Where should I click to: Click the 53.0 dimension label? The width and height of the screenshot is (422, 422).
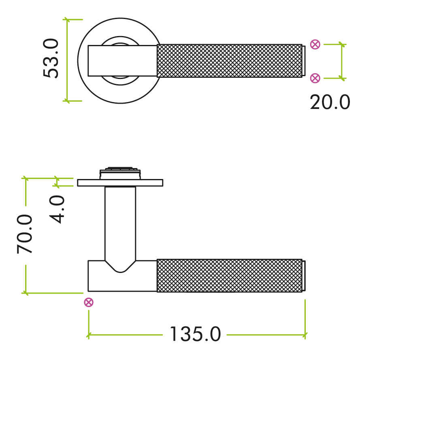51,58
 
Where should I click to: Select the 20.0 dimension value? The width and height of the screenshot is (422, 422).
330,103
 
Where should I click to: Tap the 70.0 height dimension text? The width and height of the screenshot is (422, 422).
25,234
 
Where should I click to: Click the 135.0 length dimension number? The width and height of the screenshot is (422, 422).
195,335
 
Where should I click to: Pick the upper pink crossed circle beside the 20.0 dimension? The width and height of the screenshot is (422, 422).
315,45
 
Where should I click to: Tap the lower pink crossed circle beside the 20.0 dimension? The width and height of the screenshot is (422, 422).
315,78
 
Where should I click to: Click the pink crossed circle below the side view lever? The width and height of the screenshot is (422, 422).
89,302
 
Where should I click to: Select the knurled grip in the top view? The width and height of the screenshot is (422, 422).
229,61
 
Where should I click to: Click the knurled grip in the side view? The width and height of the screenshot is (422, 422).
229,275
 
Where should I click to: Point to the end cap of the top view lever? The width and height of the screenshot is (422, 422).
303,61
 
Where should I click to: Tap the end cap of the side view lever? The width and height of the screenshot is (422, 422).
303,276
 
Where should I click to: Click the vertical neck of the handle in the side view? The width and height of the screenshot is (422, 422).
120,223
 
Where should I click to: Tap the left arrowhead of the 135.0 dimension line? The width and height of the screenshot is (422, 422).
89,335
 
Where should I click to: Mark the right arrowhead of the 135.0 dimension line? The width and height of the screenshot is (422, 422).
305,335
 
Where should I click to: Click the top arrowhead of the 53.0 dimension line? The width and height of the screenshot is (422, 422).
67,20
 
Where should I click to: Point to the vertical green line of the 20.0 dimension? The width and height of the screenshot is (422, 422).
342,61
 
